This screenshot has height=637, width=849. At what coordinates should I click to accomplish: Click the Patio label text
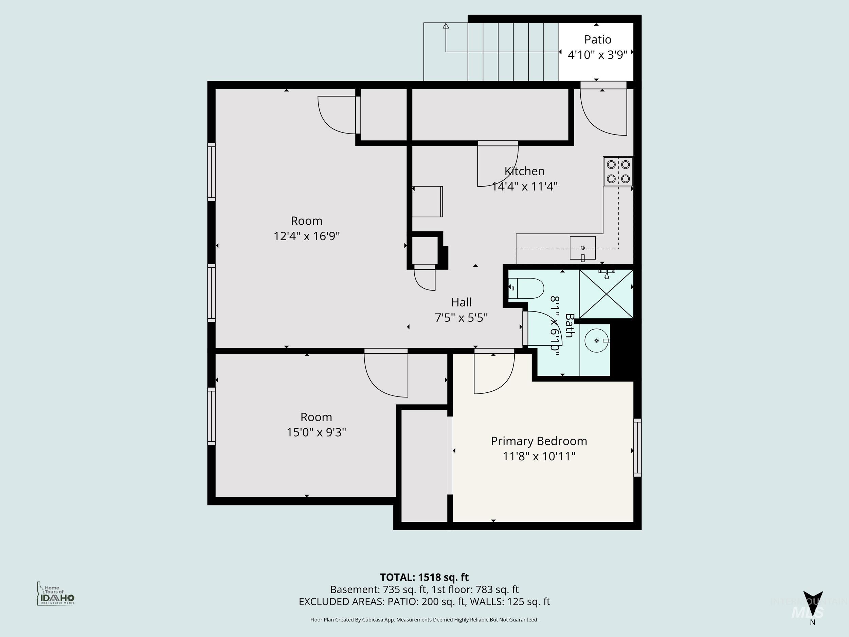pos(598,39)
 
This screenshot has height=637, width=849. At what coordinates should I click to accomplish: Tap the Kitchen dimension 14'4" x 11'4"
pos(525,187)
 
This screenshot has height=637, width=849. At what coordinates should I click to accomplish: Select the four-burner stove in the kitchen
pos(618,171)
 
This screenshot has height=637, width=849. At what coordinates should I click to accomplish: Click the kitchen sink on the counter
pos(582,248)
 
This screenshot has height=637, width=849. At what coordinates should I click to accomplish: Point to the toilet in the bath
pos(527,288)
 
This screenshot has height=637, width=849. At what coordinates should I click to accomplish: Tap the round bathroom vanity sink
pos(596,340)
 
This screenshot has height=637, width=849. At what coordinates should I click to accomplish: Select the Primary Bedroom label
pos(539,441)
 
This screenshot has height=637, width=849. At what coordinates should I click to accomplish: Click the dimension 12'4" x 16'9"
pos(306,236)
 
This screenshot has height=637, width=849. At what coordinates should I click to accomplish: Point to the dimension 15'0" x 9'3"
pos(316,432)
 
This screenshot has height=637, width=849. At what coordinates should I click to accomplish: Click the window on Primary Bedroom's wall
pos(637,448)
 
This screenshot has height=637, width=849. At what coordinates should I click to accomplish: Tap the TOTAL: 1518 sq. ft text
pos(424,577)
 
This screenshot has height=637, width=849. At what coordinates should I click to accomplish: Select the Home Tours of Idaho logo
pos(56,594)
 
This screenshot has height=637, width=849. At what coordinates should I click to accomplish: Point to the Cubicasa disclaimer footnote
pos(424,619)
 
